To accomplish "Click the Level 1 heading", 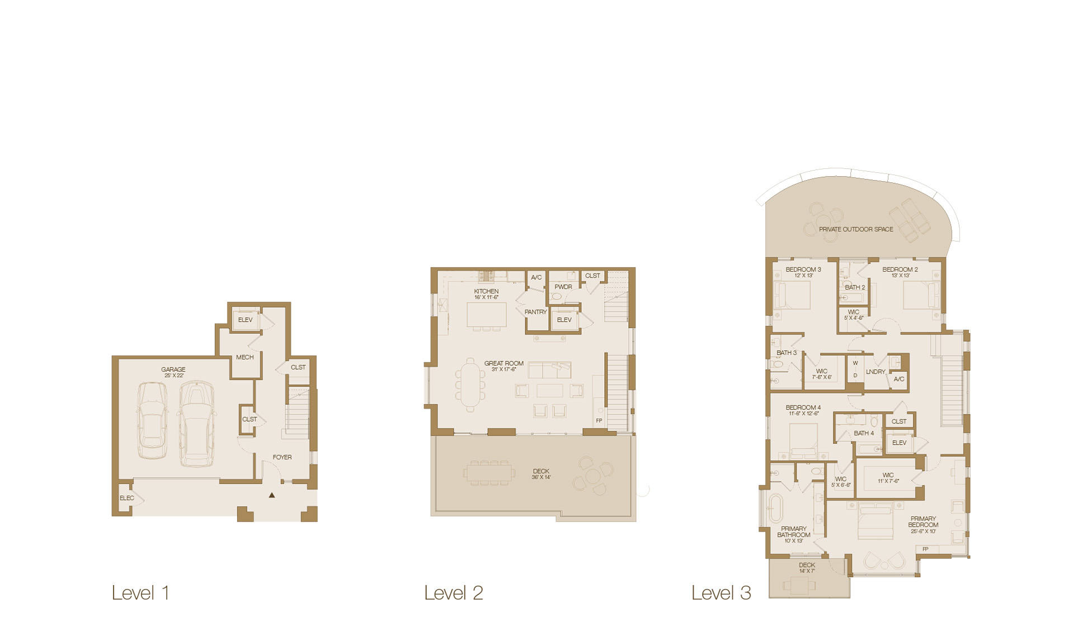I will (140, 593).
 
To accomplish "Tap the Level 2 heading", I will (453, 593).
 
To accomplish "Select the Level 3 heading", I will (721, 593).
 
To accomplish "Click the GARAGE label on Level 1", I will (173, 369).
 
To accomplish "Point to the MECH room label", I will (244, 357).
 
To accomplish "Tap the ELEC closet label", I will (127, 498).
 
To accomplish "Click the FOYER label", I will (282, 457).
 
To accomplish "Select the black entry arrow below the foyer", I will (272, 495).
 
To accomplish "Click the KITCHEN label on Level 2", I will (486, 291).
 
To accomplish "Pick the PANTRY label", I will (535, 312).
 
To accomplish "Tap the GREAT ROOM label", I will (503, 363).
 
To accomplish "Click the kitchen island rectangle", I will (487, 314).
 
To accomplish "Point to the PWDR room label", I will (563, 286).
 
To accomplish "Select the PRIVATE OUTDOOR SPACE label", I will (855, 229).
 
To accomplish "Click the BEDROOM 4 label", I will (803, 407).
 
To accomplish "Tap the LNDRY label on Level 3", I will (876, 371).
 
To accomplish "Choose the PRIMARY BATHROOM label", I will (793, 531).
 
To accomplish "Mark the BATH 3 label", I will (786, 352).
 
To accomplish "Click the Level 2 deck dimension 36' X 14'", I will (541, 477).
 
